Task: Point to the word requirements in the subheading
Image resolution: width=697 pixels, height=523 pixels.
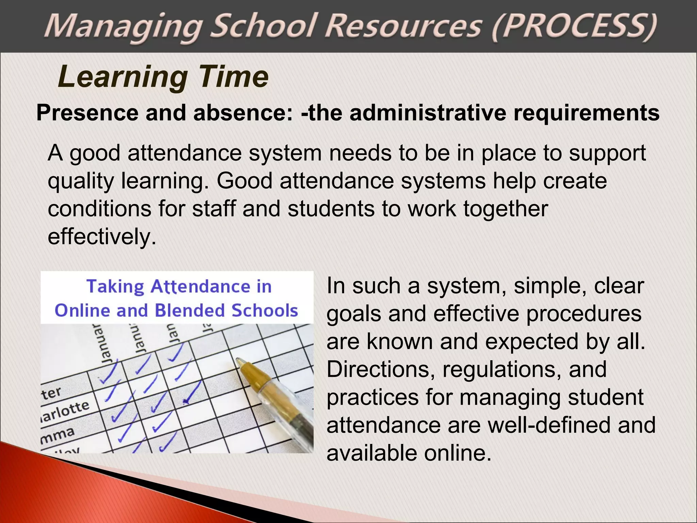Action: pyautogui.click(x=586, y=113)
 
